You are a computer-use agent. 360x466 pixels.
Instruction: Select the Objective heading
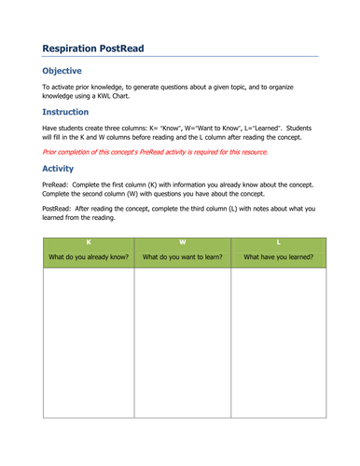tap(62, 71)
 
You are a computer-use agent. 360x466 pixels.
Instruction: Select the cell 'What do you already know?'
tap(88, 257)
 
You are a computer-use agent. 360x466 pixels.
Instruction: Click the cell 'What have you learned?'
tap(277, 257)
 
